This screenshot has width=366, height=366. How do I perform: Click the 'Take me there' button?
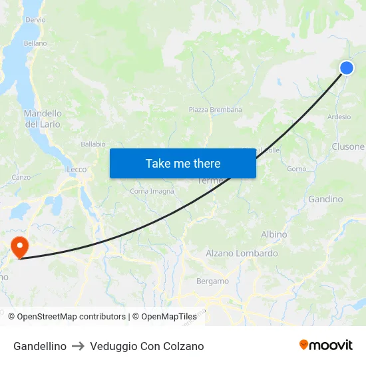click(x=183, y=163)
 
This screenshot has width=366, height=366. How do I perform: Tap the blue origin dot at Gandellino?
click(x=347, y=67)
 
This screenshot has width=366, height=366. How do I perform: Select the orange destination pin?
click(x=20, y=248)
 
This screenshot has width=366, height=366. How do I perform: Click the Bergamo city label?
click(x=212, y=281)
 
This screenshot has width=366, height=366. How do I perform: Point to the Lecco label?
click(x=77, y=170)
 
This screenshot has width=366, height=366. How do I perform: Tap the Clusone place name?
click(x=348, y=146)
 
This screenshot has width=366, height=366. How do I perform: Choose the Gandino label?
click(x=325, y=199)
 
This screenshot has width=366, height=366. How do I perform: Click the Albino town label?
click(x=274, y=234)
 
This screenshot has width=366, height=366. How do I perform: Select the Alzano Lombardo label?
click(x=242, y=254)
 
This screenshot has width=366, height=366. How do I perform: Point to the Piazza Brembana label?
click(x=215, y=110)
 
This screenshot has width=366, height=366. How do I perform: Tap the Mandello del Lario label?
click(x=43, y=118)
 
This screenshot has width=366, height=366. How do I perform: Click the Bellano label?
click(x=35, y=43)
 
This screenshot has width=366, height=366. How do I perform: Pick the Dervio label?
click(x=35, y=20)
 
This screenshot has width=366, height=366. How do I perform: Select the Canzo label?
click(x=21, y=178)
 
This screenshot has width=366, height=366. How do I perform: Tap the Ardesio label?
click(x=339, y=117)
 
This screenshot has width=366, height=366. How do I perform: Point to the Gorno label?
click(x=296, y=169)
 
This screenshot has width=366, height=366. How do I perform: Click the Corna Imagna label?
click(x=152, y=192)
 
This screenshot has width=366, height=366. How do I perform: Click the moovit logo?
click(x=326, y=345)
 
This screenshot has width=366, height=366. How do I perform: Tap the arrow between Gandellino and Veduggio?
click(x=78, y=346)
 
